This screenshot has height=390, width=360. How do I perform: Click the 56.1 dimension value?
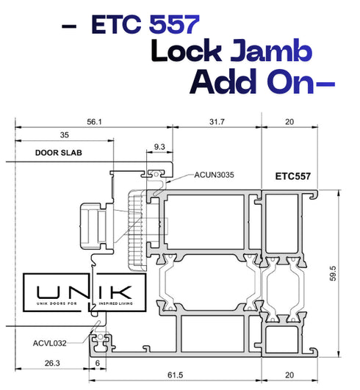click(x=94, y=122)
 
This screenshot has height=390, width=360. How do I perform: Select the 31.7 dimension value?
click(x=217, y=122)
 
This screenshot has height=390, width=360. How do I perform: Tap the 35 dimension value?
click(x=64, y=135)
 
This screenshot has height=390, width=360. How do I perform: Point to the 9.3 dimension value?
click(x=159, y=147)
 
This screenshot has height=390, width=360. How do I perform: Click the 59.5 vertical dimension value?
click(x=333, y=274)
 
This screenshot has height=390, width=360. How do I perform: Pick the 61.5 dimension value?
click(x=175, y=375)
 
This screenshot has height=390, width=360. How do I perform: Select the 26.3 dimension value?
click(x=52, y=363)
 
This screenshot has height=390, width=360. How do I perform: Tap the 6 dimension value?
click(x=98, y=363)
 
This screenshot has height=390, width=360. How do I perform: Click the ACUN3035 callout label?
click(x=214, y=175)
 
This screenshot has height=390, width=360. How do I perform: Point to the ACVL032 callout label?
click(x=50, y=343)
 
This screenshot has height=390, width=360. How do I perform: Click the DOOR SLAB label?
click(x=59, y=153)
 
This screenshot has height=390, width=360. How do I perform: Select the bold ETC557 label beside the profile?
click(x=293, y=176)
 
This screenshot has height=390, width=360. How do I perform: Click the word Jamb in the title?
click(x=271, y=51)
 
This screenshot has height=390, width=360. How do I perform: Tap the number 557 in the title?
click(x=174, y=24)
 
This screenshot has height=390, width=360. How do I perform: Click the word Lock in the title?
click(x=187, y=51)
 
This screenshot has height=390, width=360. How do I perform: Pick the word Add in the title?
click(x=223, y=81)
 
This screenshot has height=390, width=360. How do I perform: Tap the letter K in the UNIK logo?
click(x=123, y=292)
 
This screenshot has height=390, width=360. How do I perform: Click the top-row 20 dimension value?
click(x=289, y=122)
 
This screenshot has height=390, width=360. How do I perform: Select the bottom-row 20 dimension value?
click(x=289, y=375)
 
